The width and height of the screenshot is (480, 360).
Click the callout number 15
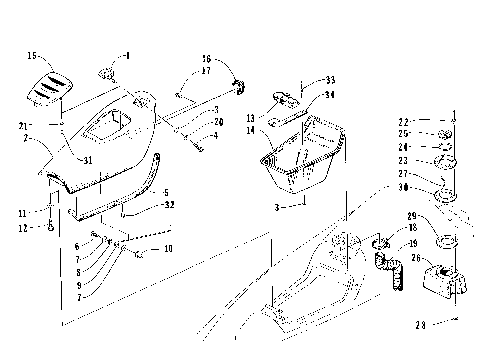tap(31, 56)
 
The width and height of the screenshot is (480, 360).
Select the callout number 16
tap(206, 59)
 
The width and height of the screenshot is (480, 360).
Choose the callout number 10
tap(167, 248)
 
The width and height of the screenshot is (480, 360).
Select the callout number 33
tap(330, 79)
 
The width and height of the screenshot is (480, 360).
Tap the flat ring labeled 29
tap(441, 240)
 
